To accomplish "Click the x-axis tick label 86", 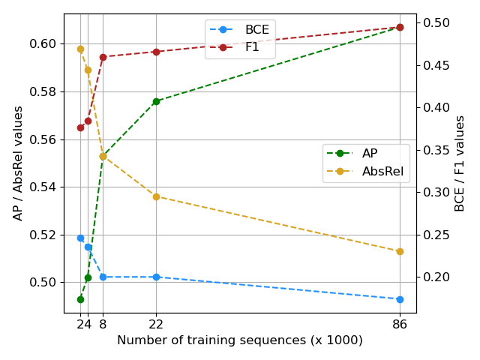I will [x=400, y=324].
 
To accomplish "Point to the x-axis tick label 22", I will [x=156, y=324].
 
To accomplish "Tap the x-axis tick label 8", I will [x=103, y=324].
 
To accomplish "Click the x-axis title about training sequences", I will [x=240, y=340].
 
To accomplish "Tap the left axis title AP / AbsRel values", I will [x=18, y=163].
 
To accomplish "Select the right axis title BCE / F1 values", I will [x=460, y=163].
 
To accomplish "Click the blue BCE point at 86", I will [x=400, y=299].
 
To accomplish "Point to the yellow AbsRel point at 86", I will [x=400, y=251].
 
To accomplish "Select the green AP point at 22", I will [x=156, y=101].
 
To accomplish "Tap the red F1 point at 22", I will [x=156, y=52].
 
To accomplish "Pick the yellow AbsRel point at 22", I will [x=156, y=196].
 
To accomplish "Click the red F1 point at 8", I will [x=103, y=57].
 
